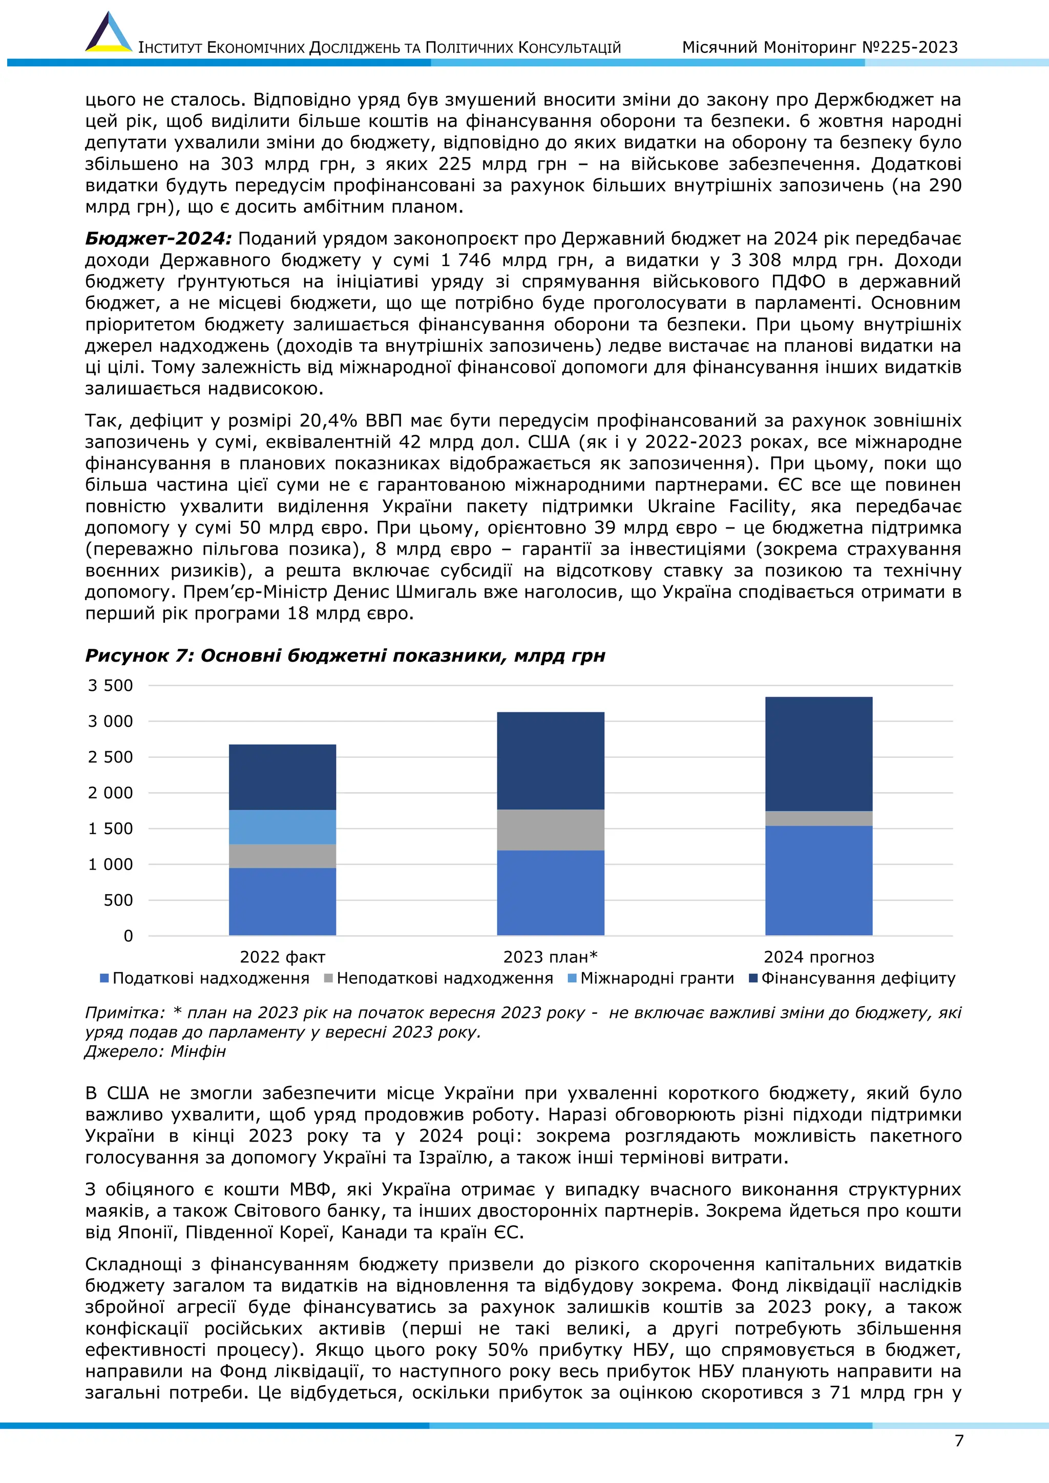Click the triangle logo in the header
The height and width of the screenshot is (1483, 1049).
[109, 34]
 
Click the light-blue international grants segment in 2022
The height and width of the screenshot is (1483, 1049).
[282, 827]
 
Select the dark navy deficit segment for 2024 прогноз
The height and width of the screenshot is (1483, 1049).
[819, 754]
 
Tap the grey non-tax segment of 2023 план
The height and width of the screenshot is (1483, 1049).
[550, 830]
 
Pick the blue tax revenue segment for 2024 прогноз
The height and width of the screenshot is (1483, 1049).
[819, 880]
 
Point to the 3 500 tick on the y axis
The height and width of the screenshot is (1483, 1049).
[111, 685]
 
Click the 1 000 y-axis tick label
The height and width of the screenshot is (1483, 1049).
[111, 864]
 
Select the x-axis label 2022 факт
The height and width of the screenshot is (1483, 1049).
[282, 957]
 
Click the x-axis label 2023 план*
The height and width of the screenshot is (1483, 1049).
[550, 957]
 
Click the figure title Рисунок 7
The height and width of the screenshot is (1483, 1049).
[345, 655]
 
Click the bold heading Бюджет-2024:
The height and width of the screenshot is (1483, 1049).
[158, 239]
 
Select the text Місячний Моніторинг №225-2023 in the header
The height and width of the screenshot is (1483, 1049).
[820, 47]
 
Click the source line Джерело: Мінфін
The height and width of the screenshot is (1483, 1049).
[155, 1051]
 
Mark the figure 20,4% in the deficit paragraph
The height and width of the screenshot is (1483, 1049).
[329, 420]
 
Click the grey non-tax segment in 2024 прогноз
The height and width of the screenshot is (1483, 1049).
[819, 818]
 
